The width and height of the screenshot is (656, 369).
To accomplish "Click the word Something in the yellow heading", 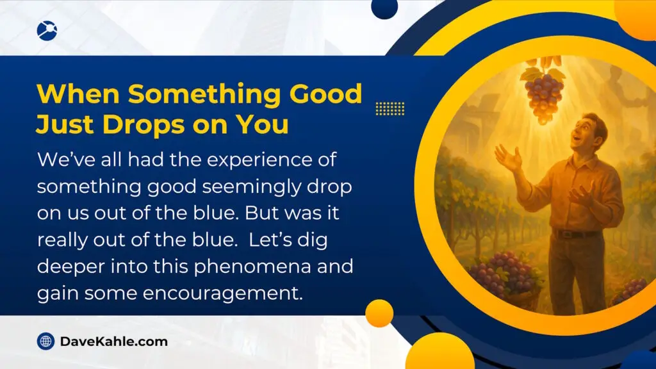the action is point(204,95).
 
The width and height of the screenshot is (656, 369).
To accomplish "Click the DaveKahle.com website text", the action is point(114,341).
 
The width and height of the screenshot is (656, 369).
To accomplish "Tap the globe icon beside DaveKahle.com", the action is point(45,341).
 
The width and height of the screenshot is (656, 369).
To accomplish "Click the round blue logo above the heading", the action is point(47,31).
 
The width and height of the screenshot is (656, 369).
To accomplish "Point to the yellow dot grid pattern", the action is point(390,108).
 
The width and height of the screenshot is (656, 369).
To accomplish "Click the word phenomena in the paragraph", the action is point(252,267).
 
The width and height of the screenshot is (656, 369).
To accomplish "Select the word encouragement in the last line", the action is point(222,293).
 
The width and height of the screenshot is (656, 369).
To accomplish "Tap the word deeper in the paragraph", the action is point(71,267).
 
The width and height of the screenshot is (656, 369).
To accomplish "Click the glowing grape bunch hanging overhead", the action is point(543,94).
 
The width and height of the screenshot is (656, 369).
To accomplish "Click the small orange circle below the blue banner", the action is point(379,313).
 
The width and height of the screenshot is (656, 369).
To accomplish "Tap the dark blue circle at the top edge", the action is point(384,8).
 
